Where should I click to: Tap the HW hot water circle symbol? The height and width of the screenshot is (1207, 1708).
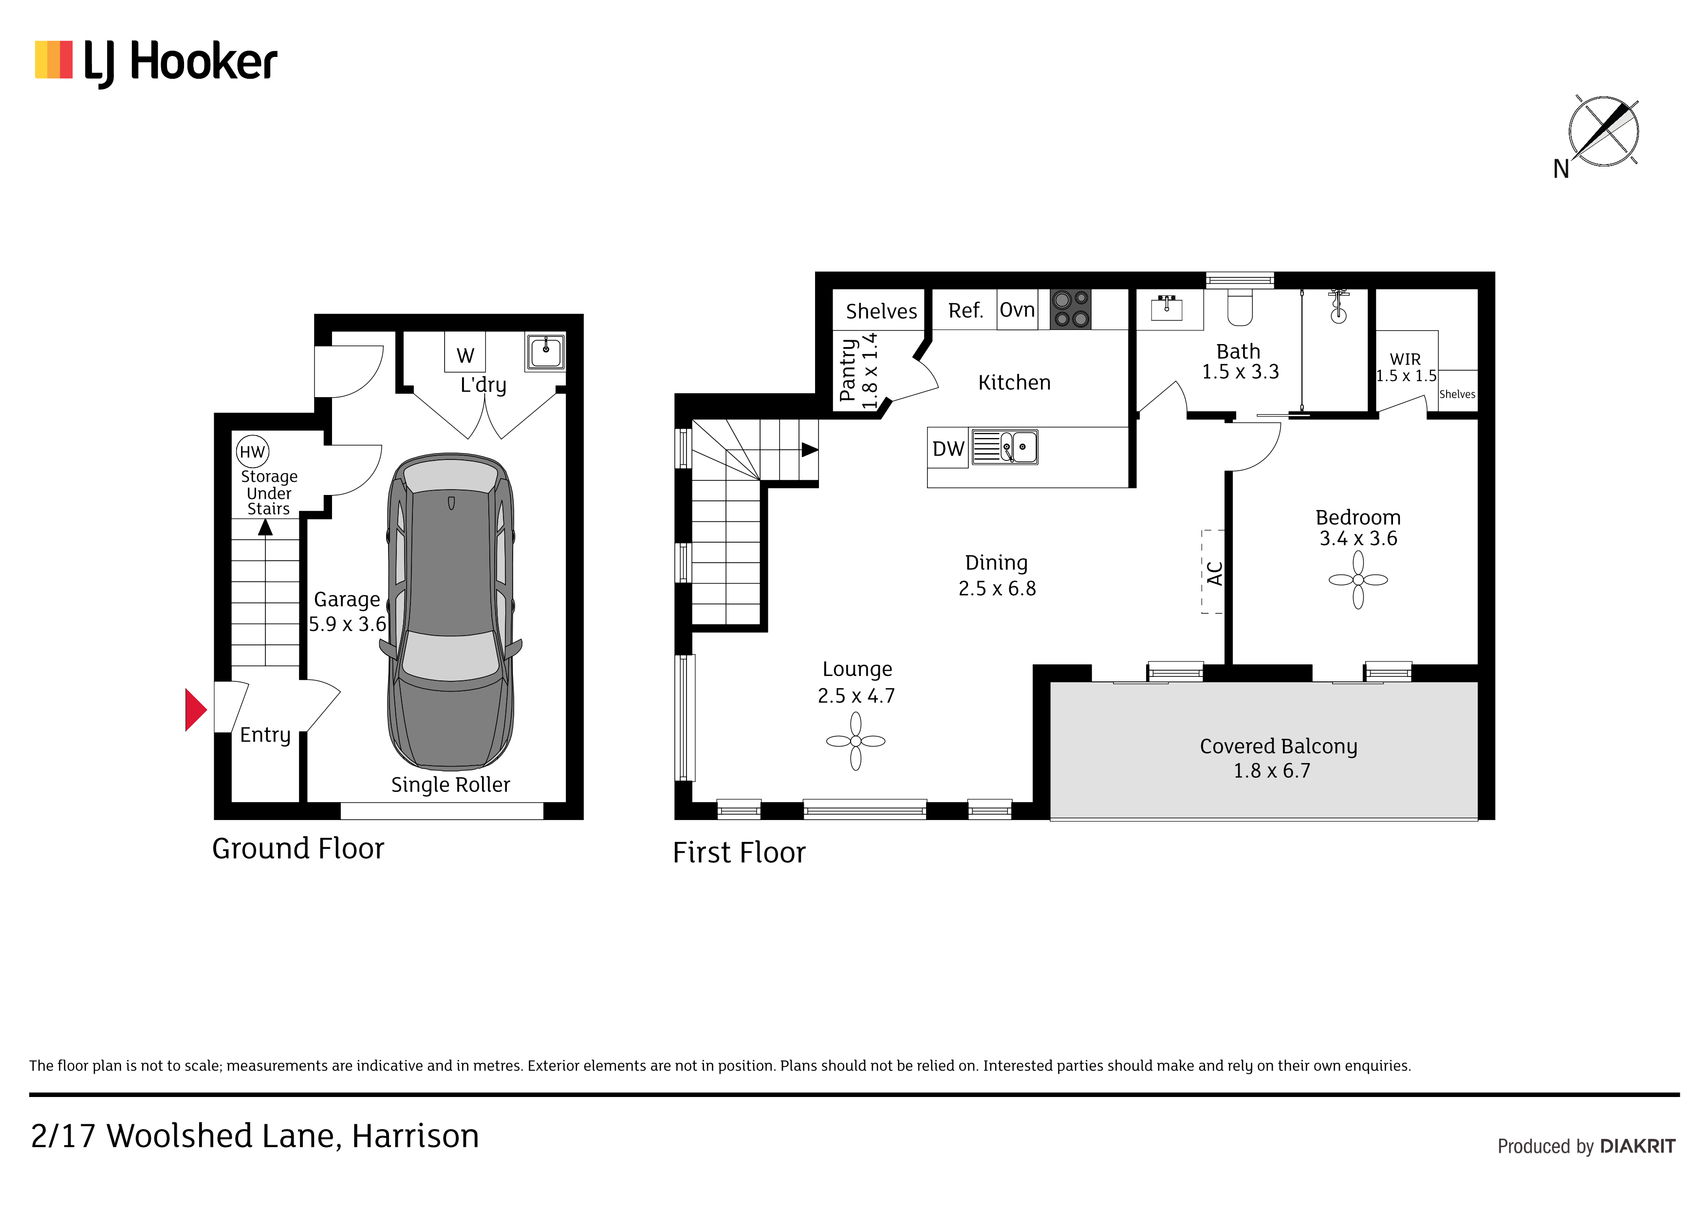(252, 452)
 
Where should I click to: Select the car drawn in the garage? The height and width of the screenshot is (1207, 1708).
(451, 611)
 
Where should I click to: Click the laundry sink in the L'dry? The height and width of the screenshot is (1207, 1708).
(545, 352)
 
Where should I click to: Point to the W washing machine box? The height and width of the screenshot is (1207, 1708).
(465, 352)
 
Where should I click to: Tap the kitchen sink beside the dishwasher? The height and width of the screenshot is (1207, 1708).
(1004, 447)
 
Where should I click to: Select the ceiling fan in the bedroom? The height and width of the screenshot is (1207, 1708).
(1358, 580)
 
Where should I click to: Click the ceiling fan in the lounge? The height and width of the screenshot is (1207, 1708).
(855, 741)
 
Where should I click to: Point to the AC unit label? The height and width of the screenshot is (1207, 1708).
(1214, 573)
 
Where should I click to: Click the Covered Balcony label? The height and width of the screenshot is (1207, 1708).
(1278, 746)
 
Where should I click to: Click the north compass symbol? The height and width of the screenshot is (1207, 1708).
(1603, 131)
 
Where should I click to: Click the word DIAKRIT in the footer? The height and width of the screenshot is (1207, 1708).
(1637, 1146)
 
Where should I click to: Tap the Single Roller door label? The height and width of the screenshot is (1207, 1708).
(451, 785)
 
